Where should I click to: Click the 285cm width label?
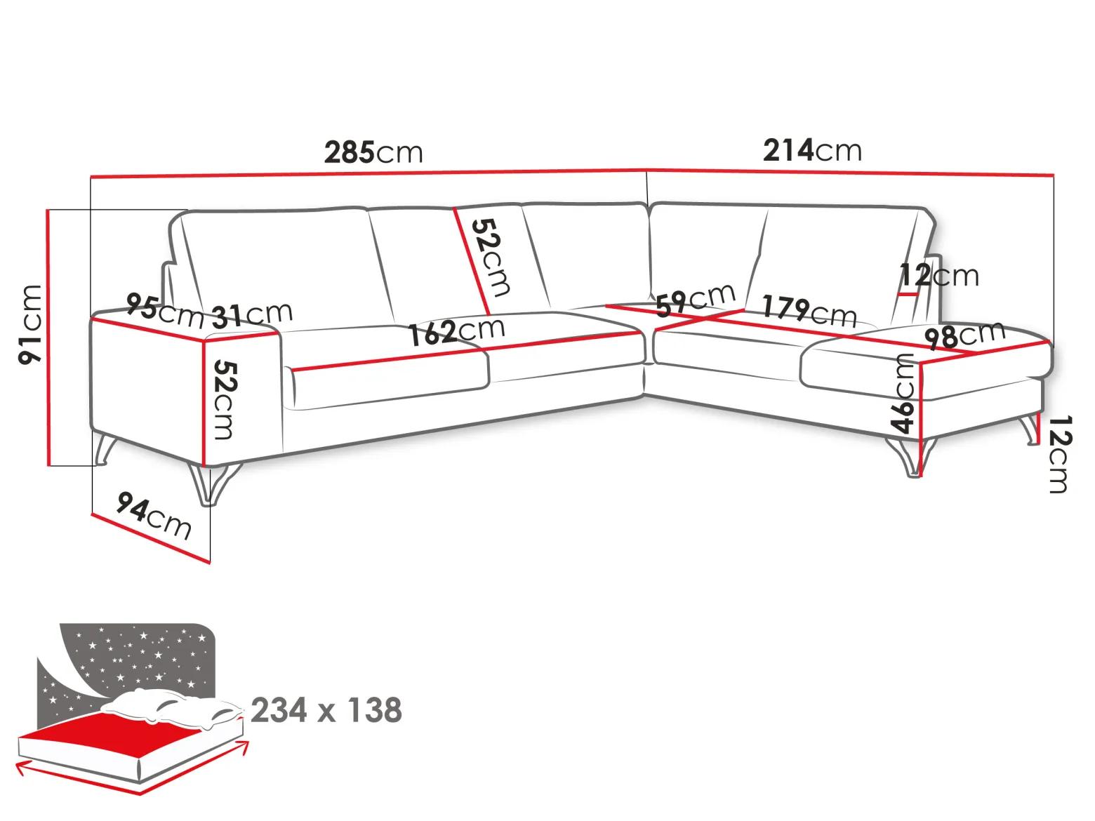pyautogui.click(x=373, y=152)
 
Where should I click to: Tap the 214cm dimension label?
pyautogui.click(x=812, y=150)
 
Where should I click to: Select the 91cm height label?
pyautogui.click(x=30, y=324)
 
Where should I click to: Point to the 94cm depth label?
pyautogui.click(x=154, y=516)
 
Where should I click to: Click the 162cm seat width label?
pyautogui.click(x=457, y=331)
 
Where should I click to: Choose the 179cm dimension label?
pyautogui.click(x=809, y=310)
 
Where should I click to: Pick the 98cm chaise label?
pyautogui.click(x=964, y=335)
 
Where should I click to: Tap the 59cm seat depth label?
pyautogui.click(x=696, y=300)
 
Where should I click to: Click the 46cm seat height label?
pyautogui.click(x=903, y=394)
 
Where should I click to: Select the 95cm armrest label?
pyautogui.click(x=165, y=311)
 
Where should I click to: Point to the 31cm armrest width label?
pyautogui.click(x=252, y=315)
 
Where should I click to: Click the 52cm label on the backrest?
pyautogui.click(x=491, y=258)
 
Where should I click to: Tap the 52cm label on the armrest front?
pyautogui.click(x=225, y=400)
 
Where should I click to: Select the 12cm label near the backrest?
pyautogui.click(x=939, y=275)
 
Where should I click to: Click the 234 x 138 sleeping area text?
pyautogui.click(x=326, y=710)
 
